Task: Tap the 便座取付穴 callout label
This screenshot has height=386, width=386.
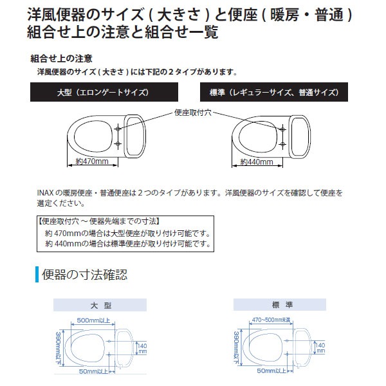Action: coord(196,112)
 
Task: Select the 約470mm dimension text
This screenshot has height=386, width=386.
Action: coord(92,161)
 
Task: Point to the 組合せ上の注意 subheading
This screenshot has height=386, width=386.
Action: coord(65,58)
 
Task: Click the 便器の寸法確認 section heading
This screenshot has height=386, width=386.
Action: coord(84,275)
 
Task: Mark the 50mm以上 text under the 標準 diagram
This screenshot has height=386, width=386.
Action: coord(271,371)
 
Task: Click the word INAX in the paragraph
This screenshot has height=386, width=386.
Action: coord(46,192)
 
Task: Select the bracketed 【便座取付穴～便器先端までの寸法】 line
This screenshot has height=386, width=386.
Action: coord(100,221)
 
